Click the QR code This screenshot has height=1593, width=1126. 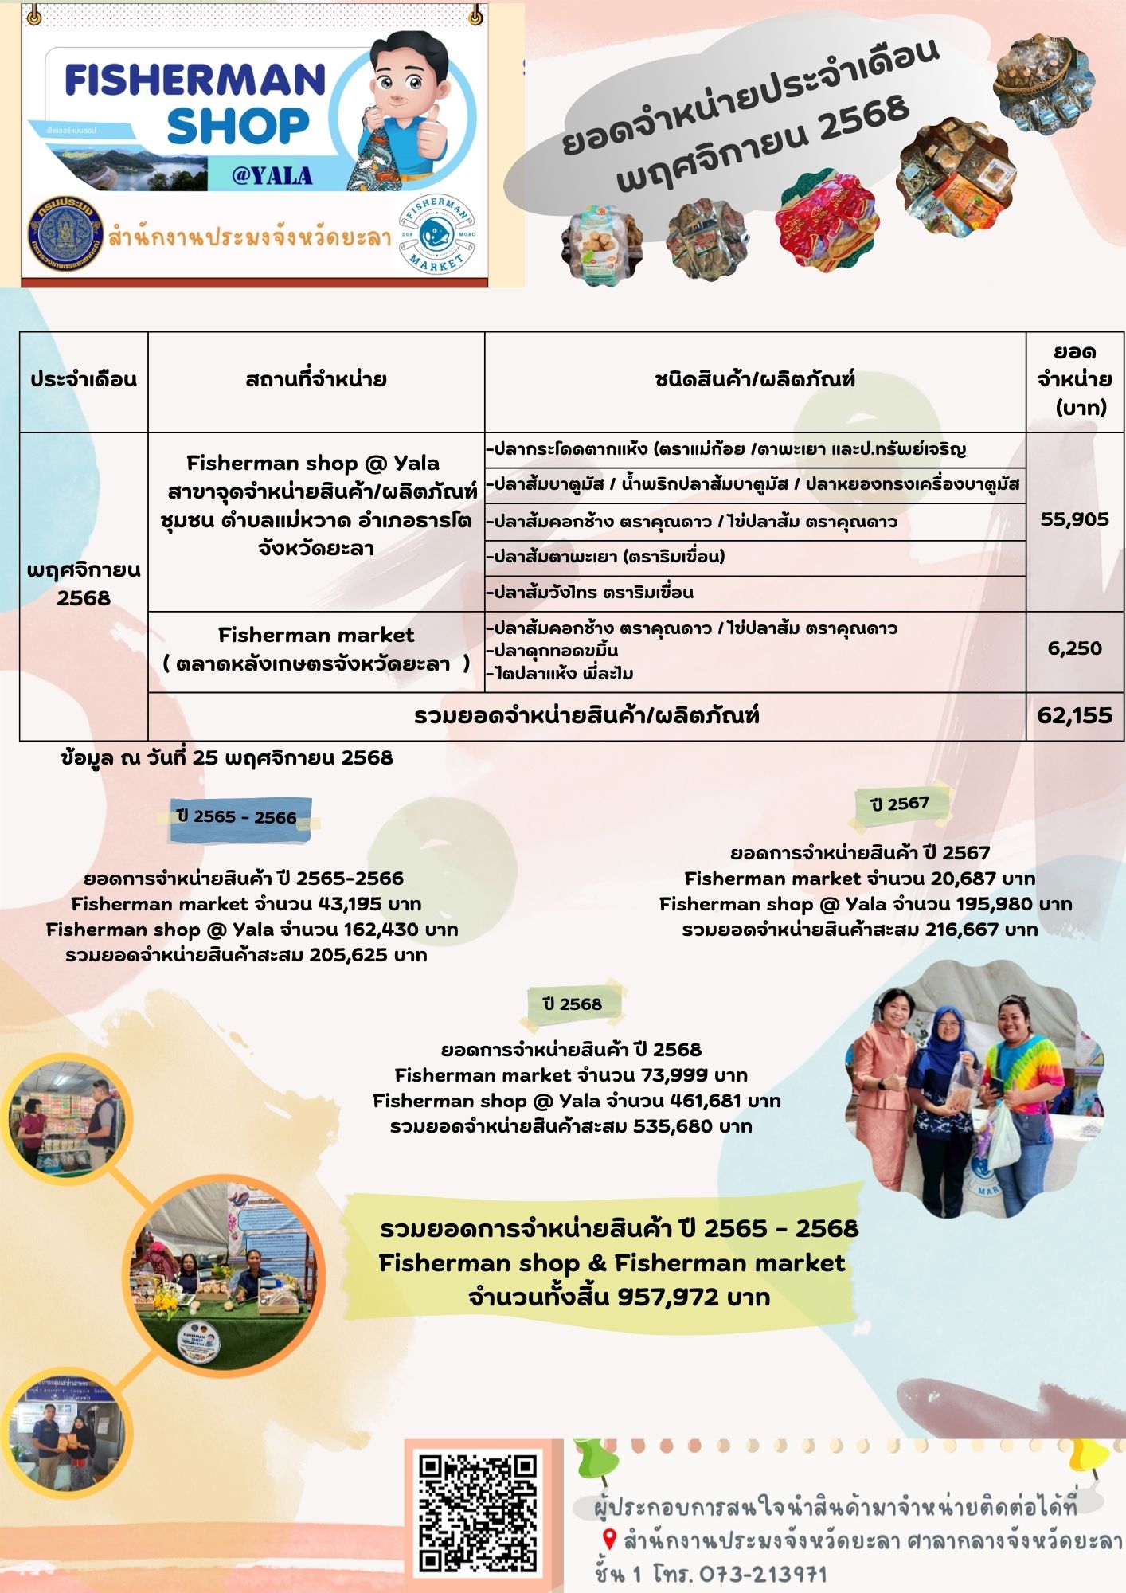click(478, 1513)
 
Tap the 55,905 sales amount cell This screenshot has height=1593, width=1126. click(1074, 519)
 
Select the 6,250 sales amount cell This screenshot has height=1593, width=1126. click(1074, 648)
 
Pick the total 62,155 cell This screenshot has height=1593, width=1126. click(1074, 715)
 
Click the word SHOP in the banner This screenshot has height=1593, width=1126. click(237, 126)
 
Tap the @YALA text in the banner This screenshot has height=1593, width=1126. click(272, 175)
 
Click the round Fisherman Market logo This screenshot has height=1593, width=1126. click(436, 236)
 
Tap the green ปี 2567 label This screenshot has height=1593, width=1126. click(900, 804)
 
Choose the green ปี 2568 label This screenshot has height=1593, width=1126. click(572, 1004)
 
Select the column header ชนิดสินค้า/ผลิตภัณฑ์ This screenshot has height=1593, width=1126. click(754, 380)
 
